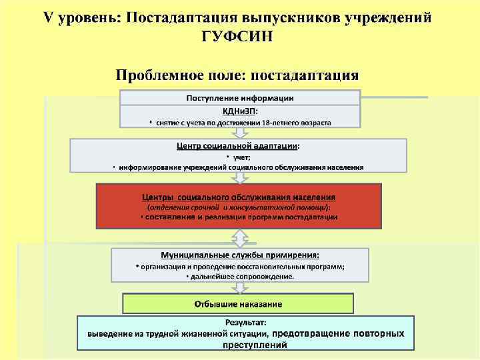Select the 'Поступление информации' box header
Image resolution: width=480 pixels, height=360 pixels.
coord(239,98)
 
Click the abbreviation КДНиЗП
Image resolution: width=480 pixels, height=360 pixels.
coord(239,110)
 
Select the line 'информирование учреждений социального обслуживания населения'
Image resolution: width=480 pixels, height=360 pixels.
coord(241,167)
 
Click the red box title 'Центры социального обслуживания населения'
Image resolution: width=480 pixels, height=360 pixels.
coord(239,197)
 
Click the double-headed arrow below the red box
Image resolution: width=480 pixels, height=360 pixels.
coord(239,238)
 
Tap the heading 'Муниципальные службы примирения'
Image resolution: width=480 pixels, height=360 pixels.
coord(239,255)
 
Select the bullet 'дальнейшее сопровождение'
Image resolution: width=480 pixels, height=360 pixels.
coord(242,275)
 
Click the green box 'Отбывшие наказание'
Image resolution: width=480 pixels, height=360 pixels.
coord(238,304)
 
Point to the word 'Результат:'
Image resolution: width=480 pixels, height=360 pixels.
coord(246,322)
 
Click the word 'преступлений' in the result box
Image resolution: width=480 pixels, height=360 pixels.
coord(246,344)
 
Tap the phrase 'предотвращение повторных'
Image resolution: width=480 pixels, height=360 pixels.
coord(338,333)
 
